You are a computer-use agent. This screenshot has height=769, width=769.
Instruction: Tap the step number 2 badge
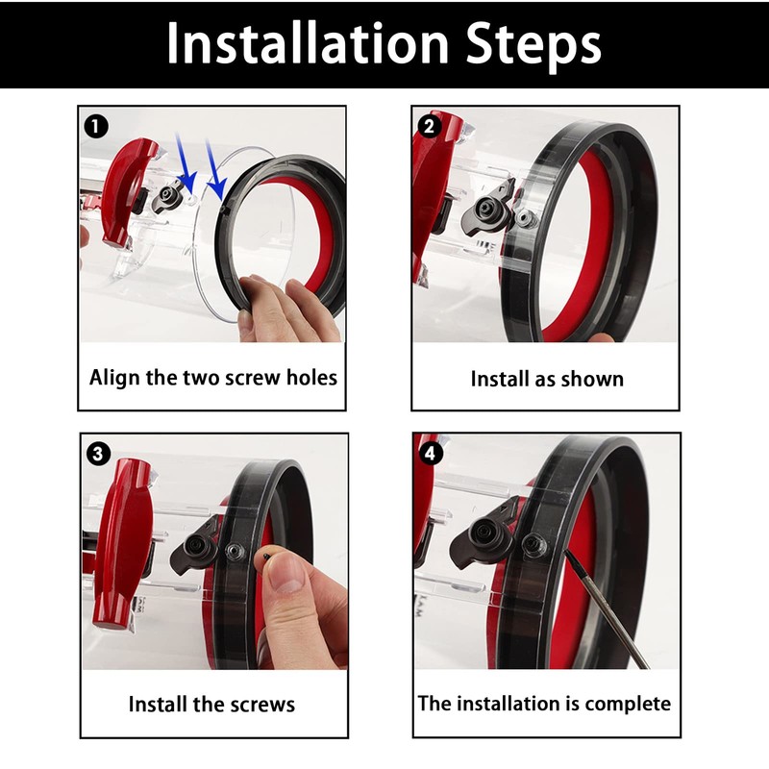coord(429,125)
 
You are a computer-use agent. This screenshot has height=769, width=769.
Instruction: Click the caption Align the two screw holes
coord(213,377)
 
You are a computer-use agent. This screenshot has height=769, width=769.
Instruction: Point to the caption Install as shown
coord(546,379)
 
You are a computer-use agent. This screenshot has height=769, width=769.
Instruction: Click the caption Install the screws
coord(211,705)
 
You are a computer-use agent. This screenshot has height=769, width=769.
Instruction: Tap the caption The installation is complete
coord(544,704)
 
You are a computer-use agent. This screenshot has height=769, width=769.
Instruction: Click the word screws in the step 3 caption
coord(260,705)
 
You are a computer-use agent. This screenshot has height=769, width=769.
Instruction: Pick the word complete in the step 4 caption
coord(627,704)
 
